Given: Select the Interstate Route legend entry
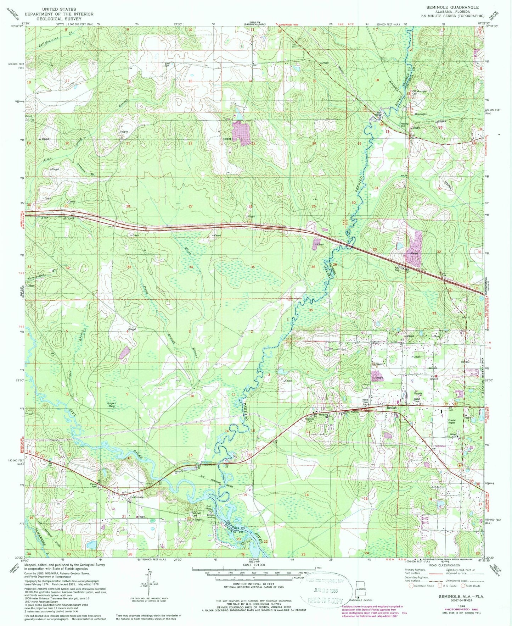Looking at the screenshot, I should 421,586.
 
